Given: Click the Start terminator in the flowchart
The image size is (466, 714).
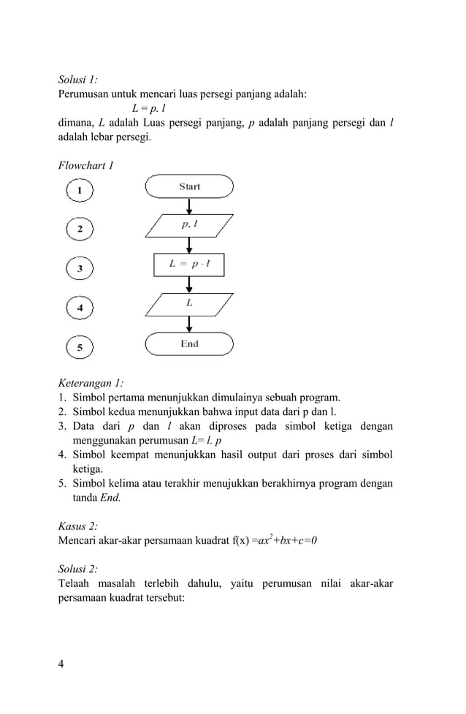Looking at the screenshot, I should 189,186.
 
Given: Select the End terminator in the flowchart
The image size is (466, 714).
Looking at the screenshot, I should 189,343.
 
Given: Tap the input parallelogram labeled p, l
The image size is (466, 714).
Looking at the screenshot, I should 189,226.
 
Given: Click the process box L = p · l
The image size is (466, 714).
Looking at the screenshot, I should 189,265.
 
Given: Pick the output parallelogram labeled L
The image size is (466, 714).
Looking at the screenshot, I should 189,303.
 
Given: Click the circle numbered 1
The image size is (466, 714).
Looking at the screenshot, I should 80,191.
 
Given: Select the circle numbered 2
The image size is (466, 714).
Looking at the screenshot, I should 80,230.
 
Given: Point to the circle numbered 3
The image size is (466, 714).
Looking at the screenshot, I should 80,269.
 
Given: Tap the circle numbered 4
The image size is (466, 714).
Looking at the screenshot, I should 80,308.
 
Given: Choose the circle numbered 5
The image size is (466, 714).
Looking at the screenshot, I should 80,347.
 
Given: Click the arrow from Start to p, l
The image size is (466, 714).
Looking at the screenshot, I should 189,205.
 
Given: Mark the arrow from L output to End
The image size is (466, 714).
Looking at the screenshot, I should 189,324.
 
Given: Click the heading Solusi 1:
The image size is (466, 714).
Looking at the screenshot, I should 78,80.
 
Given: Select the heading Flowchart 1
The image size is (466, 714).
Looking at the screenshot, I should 85,165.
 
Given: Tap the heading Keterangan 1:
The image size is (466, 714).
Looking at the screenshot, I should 91,382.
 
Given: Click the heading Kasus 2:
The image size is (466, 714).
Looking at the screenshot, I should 77,525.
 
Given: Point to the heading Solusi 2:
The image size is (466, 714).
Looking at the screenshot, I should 78,568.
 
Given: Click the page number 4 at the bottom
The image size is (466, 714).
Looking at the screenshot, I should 61,664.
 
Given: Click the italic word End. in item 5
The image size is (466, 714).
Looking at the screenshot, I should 110,498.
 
